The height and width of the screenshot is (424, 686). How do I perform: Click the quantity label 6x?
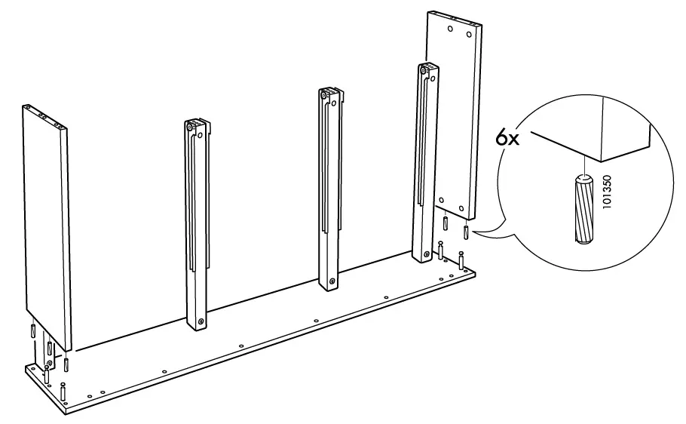[512, 138]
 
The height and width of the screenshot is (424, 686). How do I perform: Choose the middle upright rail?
[329, 189]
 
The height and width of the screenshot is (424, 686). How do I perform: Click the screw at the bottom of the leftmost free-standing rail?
[201, 321]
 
